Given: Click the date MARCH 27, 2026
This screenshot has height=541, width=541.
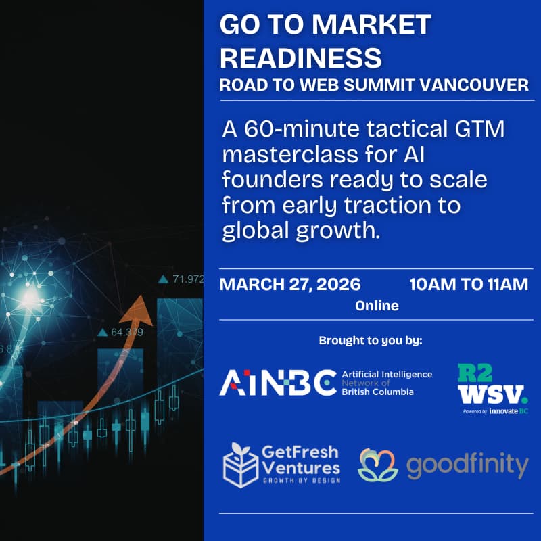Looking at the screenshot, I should pos(290,283).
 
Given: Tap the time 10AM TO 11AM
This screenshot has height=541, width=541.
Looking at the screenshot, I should pos(469,283).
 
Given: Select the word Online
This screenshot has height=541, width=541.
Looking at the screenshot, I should pos(377,306).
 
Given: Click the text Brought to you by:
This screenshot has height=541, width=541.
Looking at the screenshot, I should pos(371,340).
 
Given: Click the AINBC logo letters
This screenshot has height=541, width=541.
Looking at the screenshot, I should pos(277,383).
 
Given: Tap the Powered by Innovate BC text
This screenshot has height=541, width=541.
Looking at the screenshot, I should pos(496,411).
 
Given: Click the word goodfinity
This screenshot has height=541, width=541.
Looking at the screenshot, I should pos(467,465).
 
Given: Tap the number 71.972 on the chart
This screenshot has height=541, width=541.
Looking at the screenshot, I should pos(187,279).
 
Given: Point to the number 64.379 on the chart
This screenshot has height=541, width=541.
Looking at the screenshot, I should pos(126,332).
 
